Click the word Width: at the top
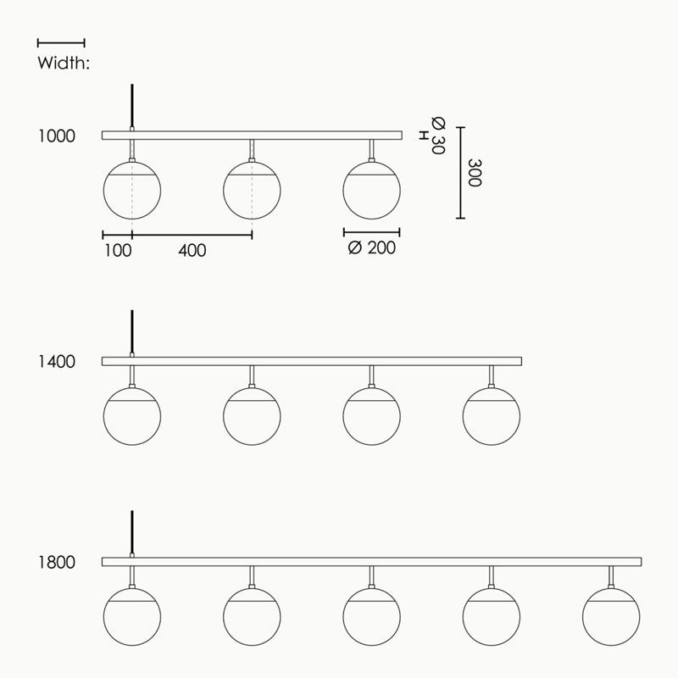tap(64, 63)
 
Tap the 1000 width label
tap(57, 136)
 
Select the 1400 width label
tap(57, 362)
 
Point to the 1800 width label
tap(57, 562)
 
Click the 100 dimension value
tap(118, 250)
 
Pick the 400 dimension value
tap(192, 250)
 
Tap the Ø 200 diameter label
tap(372, 247)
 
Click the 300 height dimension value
tap(475, 173)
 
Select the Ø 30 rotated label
tap(438, 136)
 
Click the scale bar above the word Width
tap(61, 43)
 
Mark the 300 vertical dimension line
tap(460, 173)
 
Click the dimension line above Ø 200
tap(371, 232)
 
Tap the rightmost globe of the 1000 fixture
tap(371, 190)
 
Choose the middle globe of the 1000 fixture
tap(252, 190)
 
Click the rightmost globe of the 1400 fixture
tap(492, 416)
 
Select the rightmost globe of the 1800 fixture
tap(611, 617)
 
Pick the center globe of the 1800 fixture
tap(371, 617)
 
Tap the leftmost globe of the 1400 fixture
tap(132, 416)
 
